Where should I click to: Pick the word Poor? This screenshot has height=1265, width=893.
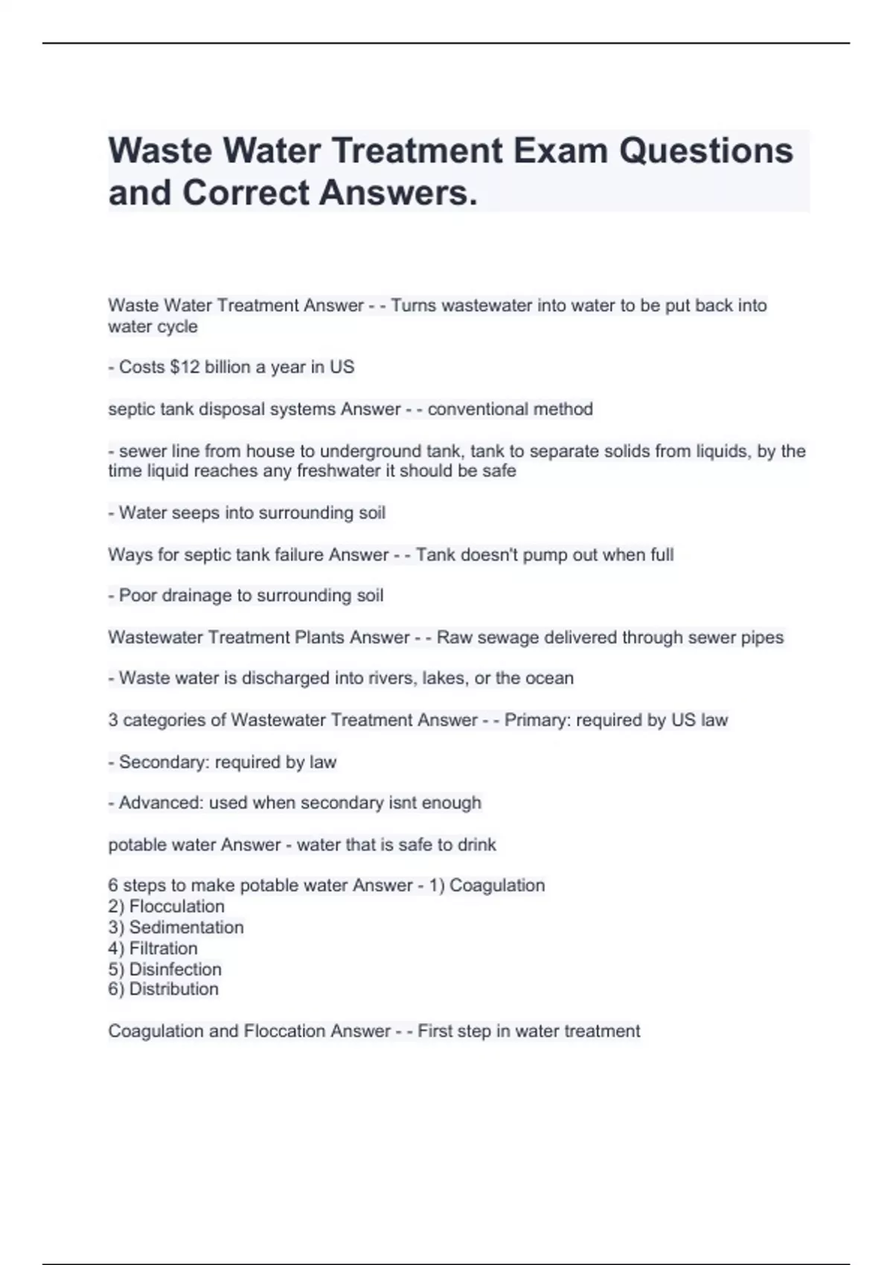[138, 595]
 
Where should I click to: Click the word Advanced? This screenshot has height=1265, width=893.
[161, 803]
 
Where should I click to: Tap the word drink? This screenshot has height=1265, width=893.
[476, 845]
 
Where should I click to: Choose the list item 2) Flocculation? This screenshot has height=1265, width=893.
[166, 906]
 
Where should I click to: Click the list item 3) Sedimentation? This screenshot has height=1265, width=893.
[176, 927]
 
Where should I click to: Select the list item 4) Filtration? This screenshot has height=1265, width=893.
[153, 948]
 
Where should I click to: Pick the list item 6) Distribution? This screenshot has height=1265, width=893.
[163, 989]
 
